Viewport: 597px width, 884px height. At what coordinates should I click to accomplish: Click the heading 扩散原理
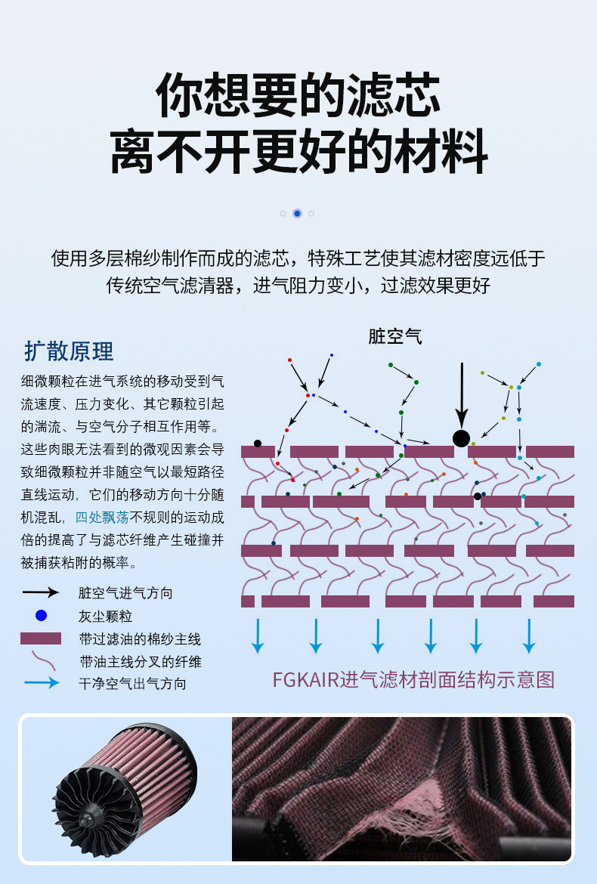click(x=69, y=351)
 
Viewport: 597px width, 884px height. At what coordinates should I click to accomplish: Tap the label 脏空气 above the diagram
click(x=394, y=336)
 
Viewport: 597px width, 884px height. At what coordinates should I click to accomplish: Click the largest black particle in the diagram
click(x=461, y=437)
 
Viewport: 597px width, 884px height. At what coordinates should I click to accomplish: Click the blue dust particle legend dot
click(x=41, y=616)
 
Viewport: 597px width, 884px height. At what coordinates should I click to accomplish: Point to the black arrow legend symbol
click(x=41, y=593)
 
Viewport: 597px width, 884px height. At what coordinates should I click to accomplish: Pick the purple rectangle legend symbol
click(x=41, y=638)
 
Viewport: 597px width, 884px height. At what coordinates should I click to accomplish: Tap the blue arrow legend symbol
click(x=41, y=683)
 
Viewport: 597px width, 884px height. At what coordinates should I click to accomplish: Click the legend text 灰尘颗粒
click(x=106, y=617)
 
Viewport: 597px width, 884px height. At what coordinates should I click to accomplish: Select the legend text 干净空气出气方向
click(x=132, y=684)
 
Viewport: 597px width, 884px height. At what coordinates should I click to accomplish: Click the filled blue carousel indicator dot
click(x=297, y=213)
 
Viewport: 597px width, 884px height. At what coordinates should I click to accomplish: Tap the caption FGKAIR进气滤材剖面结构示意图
click(x=413, y=679)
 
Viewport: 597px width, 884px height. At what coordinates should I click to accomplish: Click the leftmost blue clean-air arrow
click(x=258, y=635)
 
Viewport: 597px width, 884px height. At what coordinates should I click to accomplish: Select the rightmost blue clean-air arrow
click(x=529, y=635)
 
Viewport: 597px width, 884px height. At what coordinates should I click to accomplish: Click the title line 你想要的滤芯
click(x=298, y=96)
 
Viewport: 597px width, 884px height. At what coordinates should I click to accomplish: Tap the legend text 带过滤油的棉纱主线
click(x=140, y=639)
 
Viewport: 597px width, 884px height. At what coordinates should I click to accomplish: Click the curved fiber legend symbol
click(x=42, y=661)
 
